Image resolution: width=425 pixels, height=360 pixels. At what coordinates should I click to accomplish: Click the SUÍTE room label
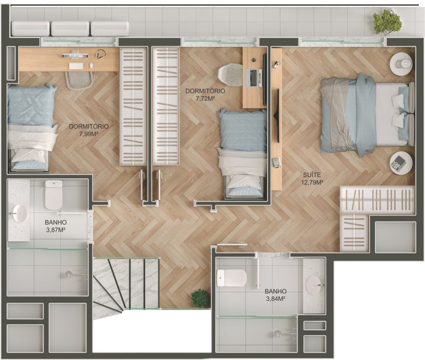pyautogui.click(x=312, y=175)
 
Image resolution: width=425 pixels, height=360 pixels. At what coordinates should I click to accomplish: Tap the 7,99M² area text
pyautogui.click(x=89, y=134)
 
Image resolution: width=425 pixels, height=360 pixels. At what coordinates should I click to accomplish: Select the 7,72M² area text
pyautogui.click(x=205, y=98)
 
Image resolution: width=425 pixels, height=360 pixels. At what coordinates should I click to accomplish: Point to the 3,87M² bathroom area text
pyautogui.click(x=56, y=230)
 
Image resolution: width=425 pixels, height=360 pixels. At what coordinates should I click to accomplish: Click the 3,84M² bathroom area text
pyautogui.click(x=276, y=299)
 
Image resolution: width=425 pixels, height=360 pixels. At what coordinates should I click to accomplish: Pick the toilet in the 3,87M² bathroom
pyautogui.click(x=54, y=195)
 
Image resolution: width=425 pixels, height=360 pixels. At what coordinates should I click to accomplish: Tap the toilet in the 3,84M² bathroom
pyautogui.click(x=232, y=278)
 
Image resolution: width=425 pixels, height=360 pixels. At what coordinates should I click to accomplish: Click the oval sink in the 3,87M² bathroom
pyautogui.click(x=20, y=213)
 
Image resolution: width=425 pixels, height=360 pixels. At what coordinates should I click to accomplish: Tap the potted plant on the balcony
pyautogui.click(x=387, y=22)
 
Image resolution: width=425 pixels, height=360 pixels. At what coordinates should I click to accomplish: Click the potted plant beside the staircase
pyautogui.click(x=200, y=298)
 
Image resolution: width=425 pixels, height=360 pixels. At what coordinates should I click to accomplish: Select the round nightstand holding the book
pyautogui.click(x=401, y=163)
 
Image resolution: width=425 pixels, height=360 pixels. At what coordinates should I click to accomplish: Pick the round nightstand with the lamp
pyautogui.click(x=401, y=64)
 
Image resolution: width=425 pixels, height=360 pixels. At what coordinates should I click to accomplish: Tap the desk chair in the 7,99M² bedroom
pyautogui.click(x=79, y=81)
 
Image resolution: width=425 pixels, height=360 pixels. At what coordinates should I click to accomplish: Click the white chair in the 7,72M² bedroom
pyautogui.click(x=230, y=75)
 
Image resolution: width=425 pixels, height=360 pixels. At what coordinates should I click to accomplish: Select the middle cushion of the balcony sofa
pyautogui.click(x=70, y=29)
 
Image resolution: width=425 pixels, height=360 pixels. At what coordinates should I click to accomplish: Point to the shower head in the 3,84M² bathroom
pyautogui.click(x=277, y=334)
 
